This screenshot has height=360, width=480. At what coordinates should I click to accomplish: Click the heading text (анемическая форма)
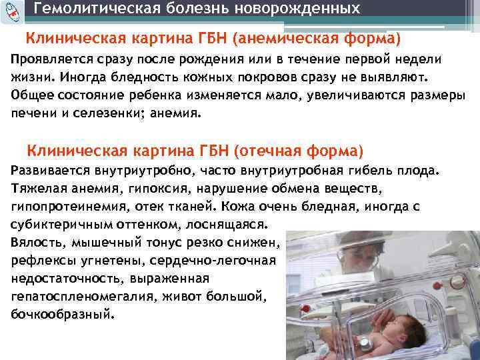(x=317, y=39)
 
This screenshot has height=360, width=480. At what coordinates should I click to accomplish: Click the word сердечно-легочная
(x=227, y=260)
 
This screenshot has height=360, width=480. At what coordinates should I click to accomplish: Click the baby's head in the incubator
(x=341, y=331)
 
